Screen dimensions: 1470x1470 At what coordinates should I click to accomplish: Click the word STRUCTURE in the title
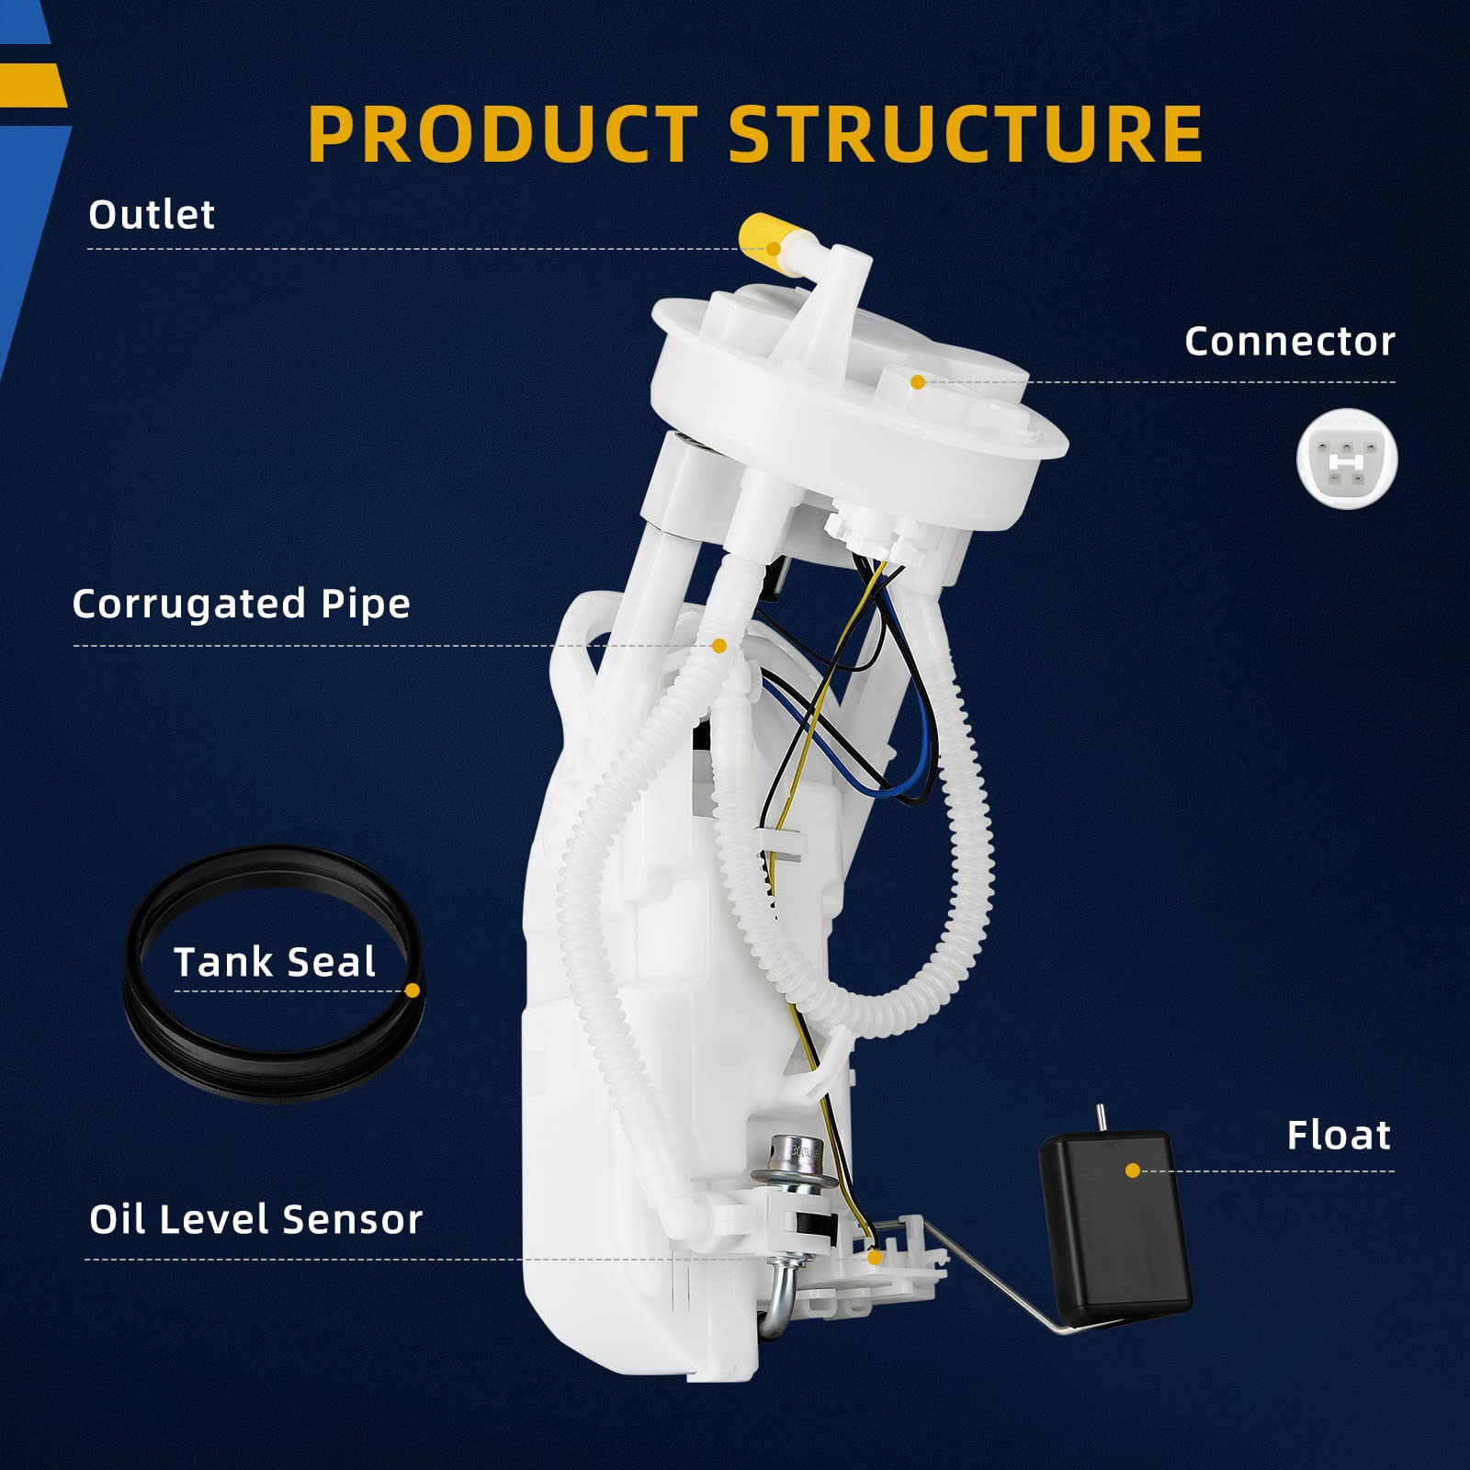[966, 134]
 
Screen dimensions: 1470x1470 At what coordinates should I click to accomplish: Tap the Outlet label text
[152, 215]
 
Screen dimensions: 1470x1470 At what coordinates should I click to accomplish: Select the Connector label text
[1289, 342]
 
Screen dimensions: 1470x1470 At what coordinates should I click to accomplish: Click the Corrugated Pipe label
[241, 605]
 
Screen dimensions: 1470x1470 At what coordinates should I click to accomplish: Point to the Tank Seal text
[275, 963]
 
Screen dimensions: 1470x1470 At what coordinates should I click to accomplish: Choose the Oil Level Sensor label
[255, 1220]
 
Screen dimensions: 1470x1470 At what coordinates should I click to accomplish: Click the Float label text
[1338, 1136]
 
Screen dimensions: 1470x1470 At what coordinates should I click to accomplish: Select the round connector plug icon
[1346, 458]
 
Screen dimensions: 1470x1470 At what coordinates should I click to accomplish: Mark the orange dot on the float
[1132, 1170]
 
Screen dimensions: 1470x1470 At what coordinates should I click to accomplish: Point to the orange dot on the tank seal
[413, 990]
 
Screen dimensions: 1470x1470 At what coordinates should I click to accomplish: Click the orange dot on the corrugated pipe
[719, 647]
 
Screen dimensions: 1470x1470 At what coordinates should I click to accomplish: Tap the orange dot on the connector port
[917, 382]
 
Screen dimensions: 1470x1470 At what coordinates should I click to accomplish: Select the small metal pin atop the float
[1100, 1117]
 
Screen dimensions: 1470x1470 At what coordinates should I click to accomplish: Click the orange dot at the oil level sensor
[874, 1257]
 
